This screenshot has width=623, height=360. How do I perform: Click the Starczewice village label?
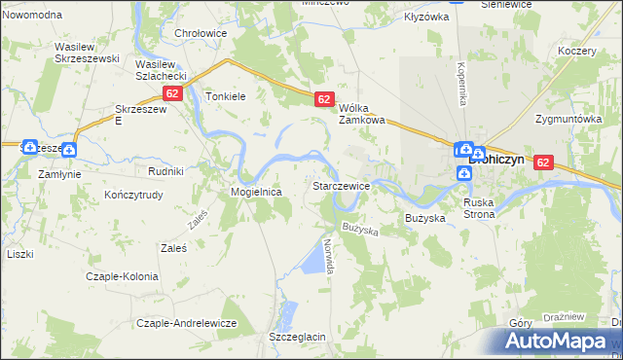[x=340, y=185]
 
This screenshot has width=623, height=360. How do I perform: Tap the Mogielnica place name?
[x=256, y=193]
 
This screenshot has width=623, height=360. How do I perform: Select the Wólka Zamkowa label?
[x=362, y=114]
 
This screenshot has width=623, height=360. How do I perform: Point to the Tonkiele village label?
[x=227, y=96]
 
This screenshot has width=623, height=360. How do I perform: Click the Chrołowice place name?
[x=201, y=32]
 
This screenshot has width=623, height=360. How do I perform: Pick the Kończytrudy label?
[x=132, y=194]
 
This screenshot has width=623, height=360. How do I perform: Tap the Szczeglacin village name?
[x=296, y=336]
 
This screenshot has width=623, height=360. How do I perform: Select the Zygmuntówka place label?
[x=568, y=119]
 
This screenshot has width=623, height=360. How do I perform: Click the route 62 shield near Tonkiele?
[x=172, y=93]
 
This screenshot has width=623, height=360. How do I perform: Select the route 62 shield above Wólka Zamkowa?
[x=325, y=99]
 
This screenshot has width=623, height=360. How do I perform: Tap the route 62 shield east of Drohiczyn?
[x=543, y=164]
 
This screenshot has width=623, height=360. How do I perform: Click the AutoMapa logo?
[x=556, y=342]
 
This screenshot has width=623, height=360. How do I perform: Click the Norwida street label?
[x=330, y=255]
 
